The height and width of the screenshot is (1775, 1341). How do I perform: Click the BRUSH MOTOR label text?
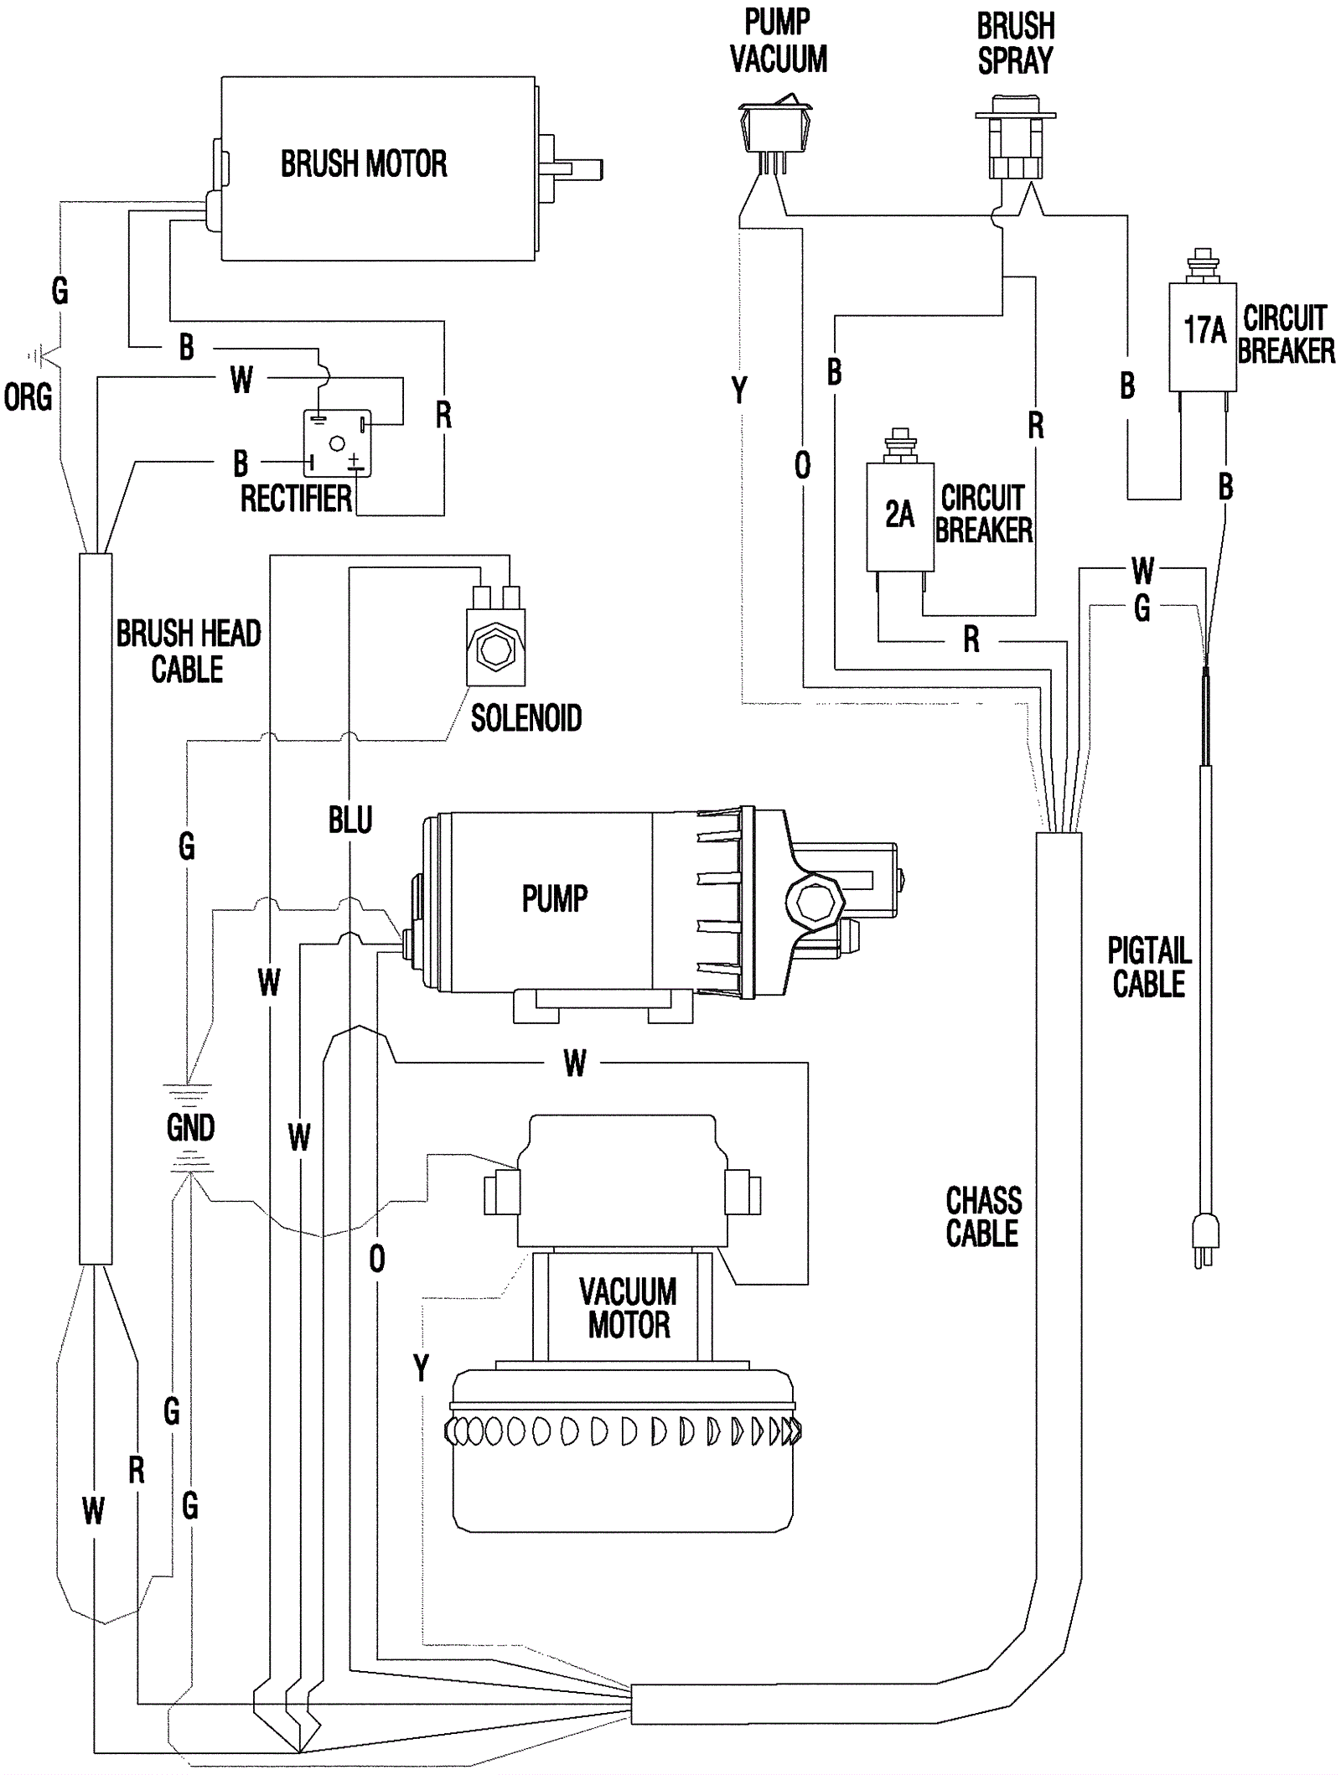pos(363,164)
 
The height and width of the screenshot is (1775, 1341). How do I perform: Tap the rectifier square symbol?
pos(337,443)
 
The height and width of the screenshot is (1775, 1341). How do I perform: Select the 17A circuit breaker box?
pos(1203,335)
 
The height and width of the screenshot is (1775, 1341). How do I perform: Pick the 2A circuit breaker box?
pos(899,516)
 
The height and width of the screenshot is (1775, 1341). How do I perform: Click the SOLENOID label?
pos(526,718)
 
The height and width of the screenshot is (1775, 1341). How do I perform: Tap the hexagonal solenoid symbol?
pos(495,648)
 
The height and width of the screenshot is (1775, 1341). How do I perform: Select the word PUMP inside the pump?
pos(554,898)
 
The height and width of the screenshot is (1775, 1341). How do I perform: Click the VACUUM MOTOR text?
pos(628,1308)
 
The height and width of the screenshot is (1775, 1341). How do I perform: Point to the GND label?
pos(190,1128)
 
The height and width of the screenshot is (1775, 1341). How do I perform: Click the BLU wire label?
pos(349,820)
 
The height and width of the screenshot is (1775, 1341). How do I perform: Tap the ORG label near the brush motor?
pos(28,397)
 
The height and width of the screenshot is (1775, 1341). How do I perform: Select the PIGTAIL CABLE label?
pos(1148,967)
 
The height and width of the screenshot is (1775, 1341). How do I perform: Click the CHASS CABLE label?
pos(983,1217)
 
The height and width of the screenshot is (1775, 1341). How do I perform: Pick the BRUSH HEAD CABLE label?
pos(188,651)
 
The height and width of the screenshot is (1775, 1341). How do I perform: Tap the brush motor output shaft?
pos(578,168)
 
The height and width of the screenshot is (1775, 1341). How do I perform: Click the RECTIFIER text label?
pos(296,499)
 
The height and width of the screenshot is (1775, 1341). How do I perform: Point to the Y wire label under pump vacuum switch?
pos(738,391)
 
